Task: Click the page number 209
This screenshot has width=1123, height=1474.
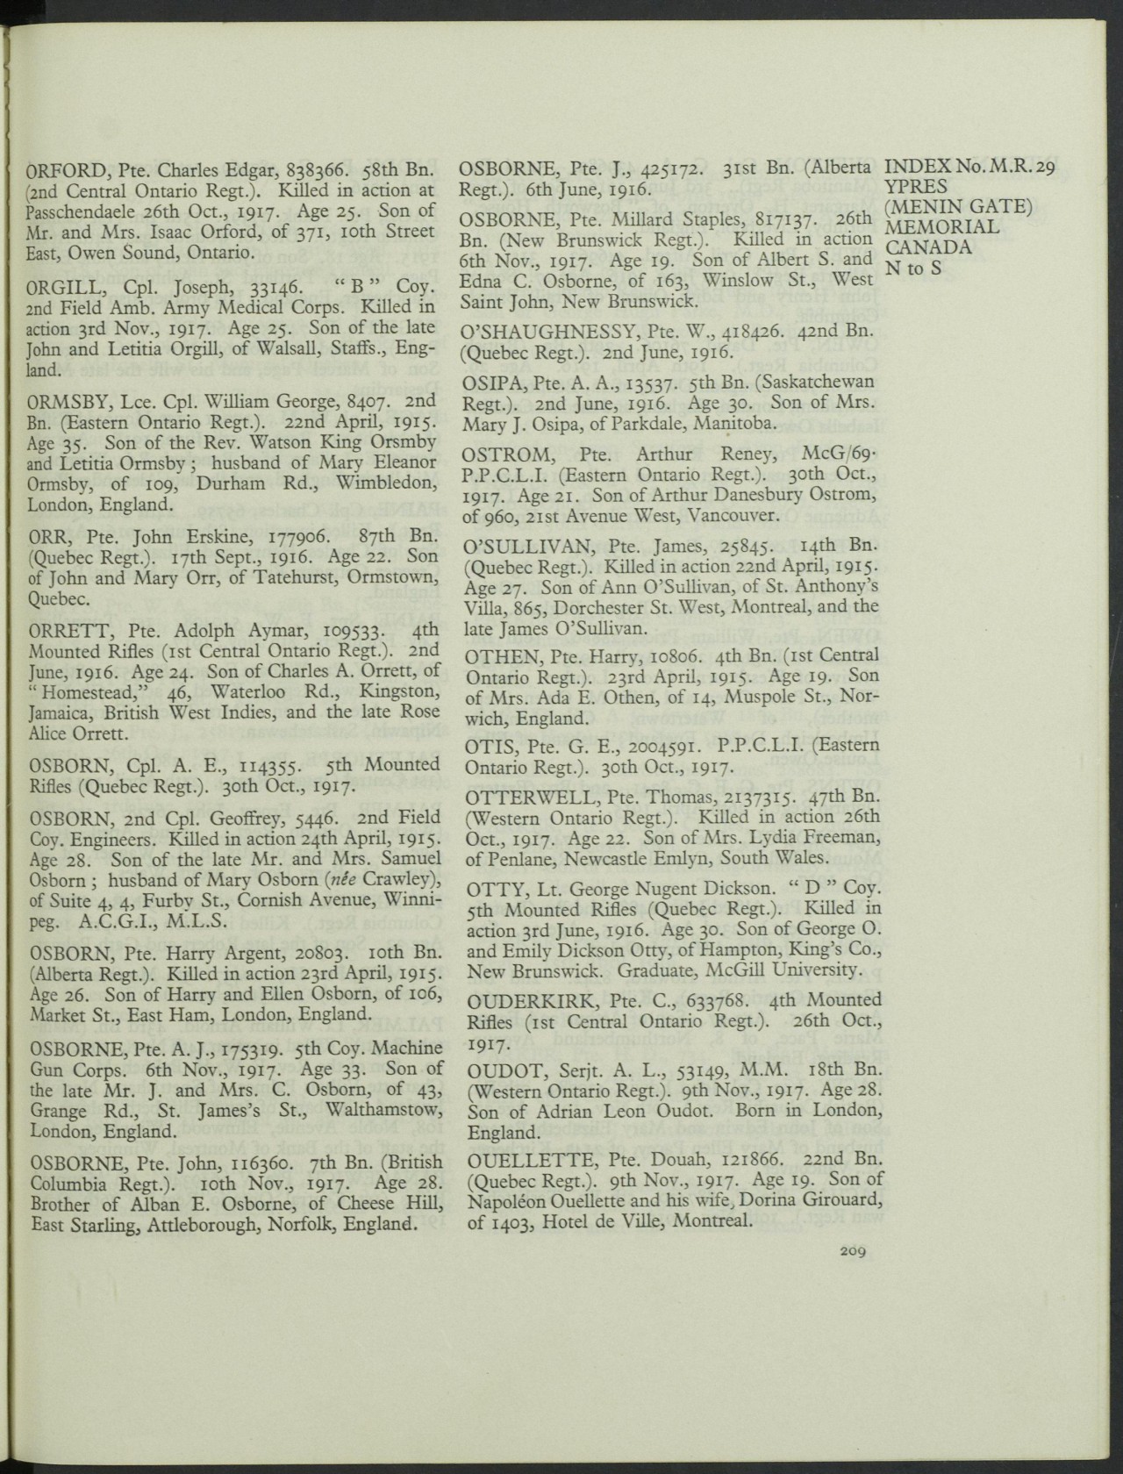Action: [x=852, y=1251]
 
